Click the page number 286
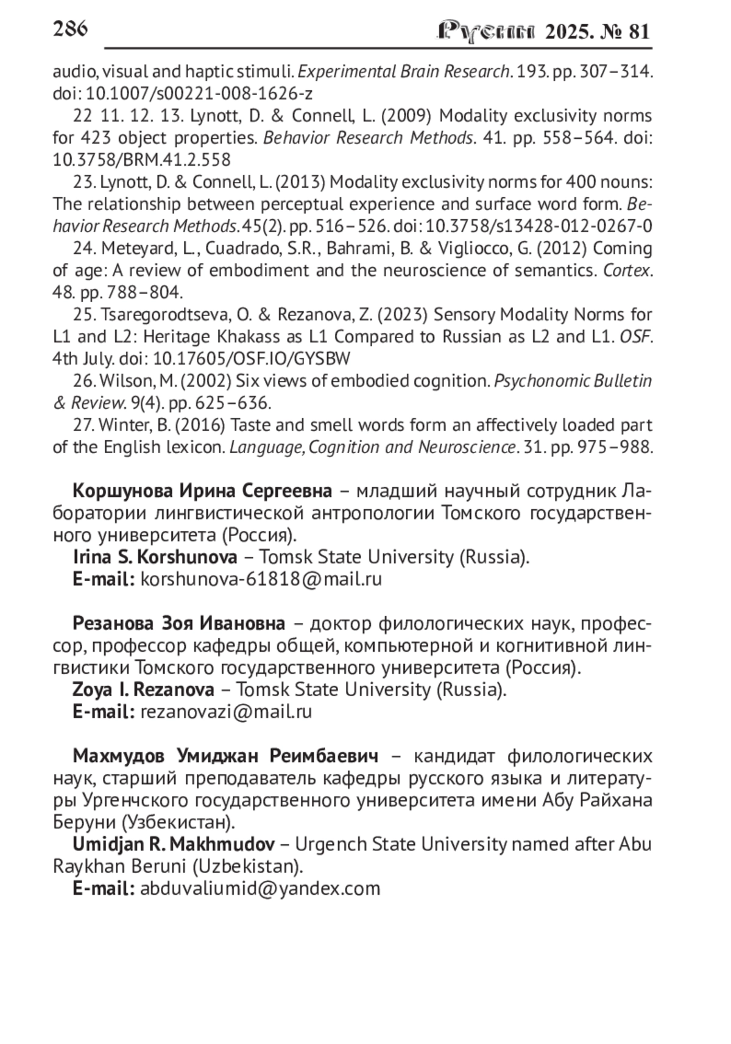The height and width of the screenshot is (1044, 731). coord(70,29)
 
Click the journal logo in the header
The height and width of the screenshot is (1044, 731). coord(487,32)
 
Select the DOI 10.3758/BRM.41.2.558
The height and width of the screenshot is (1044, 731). coord(141,160)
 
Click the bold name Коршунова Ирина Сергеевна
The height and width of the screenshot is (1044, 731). coord(202,491)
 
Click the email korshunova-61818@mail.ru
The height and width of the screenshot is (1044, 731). coord(261,579)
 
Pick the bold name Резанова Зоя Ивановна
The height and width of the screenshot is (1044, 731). coord(178,624)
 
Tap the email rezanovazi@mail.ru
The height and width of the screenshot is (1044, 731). coord(226,711)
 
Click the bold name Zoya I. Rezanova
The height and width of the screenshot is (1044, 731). coord(143,690)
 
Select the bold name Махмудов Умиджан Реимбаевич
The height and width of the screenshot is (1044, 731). coord(225,756)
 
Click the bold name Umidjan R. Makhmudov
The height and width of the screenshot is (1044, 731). coord(174,844)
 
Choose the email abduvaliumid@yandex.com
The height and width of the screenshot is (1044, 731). coord(260,888)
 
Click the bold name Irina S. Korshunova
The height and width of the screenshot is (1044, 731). coord(155,557)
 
